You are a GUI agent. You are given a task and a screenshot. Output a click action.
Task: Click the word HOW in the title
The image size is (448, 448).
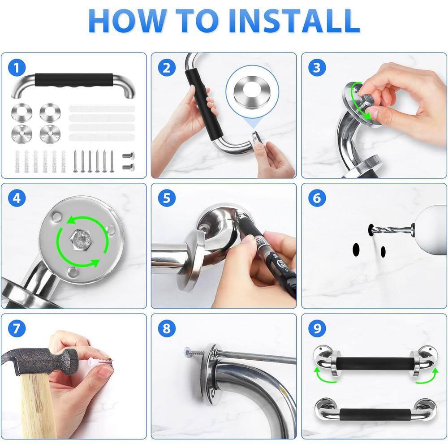tap(127, 21)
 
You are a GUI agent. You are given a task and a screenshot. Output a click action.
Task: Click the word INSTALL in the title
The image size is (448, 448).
tap(294, 21)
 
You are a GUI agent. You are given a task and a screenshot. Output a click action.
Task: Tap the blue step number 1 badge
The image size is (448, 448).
tap(17, 68)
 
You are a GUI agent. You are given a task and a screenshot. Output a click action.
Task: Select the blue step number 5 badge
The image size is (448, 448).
tap(167, 198)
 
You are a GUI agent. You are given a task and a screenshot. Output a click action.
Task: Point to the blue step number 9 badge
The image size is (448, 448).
tap(317, 328)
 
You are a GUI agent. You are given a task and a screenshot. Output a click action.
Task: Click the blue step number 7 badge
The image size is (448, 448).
tap(17, 328)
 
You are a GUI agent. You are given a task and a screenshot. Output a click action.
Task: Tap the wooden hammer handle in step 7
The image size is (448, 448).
tap(37, 406)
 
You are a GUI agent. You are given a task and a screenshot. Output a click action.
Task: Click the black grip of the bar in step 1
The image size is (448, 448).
tap(74, 80)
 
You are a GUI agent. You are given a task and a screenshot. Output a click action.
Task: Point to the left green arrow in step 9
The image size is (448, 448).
tap(324, 375)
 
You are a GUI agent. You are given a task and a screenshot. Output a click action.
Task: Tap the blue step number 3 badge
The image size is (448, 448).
tap(317, 68)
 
